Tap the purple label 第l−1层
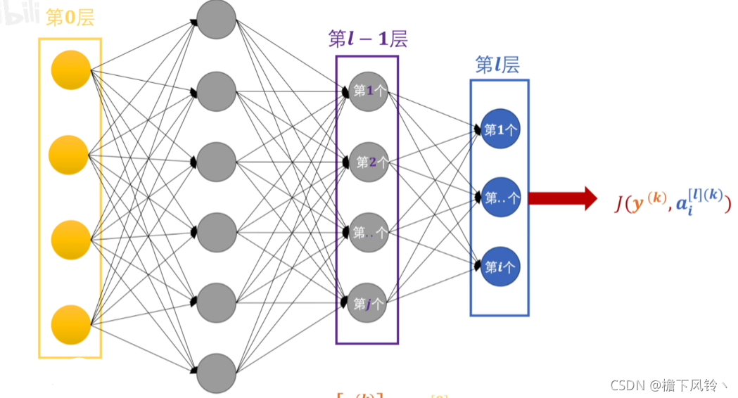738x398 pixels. click(x=367, y=39)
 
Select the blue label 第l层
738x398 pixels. click(x=497, y=65)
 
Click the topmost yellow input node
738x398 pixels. click(x=70, y=70)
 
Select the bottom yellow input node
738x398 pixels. click(x=70, y=324)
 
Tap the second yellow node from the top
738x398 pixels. click(x=68, y=155)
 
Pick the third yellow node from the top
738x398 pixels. click(x=70, y=240)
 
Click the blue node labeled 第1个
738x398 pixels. click(x=500, y=129)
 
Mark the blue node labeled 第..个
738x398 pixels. click(x=500, y=198)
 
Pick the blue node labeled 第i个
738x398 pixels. click(x=500, y=267)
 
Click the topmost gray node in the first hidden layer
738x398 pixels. click(x=216, y=19)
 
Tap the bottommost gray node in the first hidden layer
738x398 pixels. click(x=216, y=373)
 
